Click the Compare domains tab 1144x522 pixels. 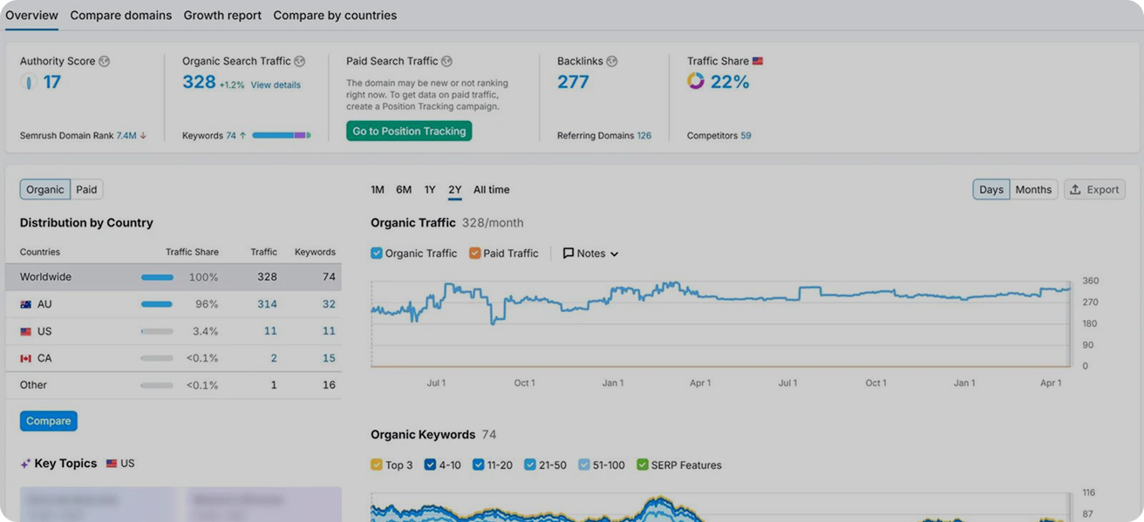click(x=120, y=15)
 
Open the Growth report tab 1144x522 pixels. click(x=222, y=15)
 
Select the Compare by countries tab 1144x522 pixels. click(x=335, y=15)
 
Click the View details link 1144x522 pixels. click(x=276, y=85)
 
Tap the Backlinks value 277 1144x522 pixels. click(x=573, y=82)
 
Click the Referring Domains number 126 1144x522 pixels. click(x=643, y=136)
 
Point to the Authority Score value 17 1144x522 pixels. click(x=52, y=82)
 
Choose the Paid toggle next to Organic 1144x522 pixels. click(x=86, y=190)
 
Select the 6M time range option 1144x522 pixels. click(x=404, y=190)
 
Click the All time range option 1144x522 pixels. click(x=491, y=190)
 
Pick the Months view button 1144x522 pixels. click(x=1033, y=190)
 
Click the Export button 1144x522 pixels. click(x=1094, y=190)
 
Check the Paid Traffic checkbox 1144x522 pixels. click(x=475, y=254)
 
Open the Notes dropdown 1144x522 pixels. click(x=590, y=254)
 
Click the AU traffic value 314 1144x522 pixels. click(x=267, y=304)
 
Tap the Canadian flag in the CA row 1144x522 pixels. click(x=26, y=358)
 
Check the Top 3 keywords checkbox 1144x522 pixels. click(x=377, y=465)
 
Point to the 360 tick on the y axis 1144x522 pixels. click(x=1091, y=281)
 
